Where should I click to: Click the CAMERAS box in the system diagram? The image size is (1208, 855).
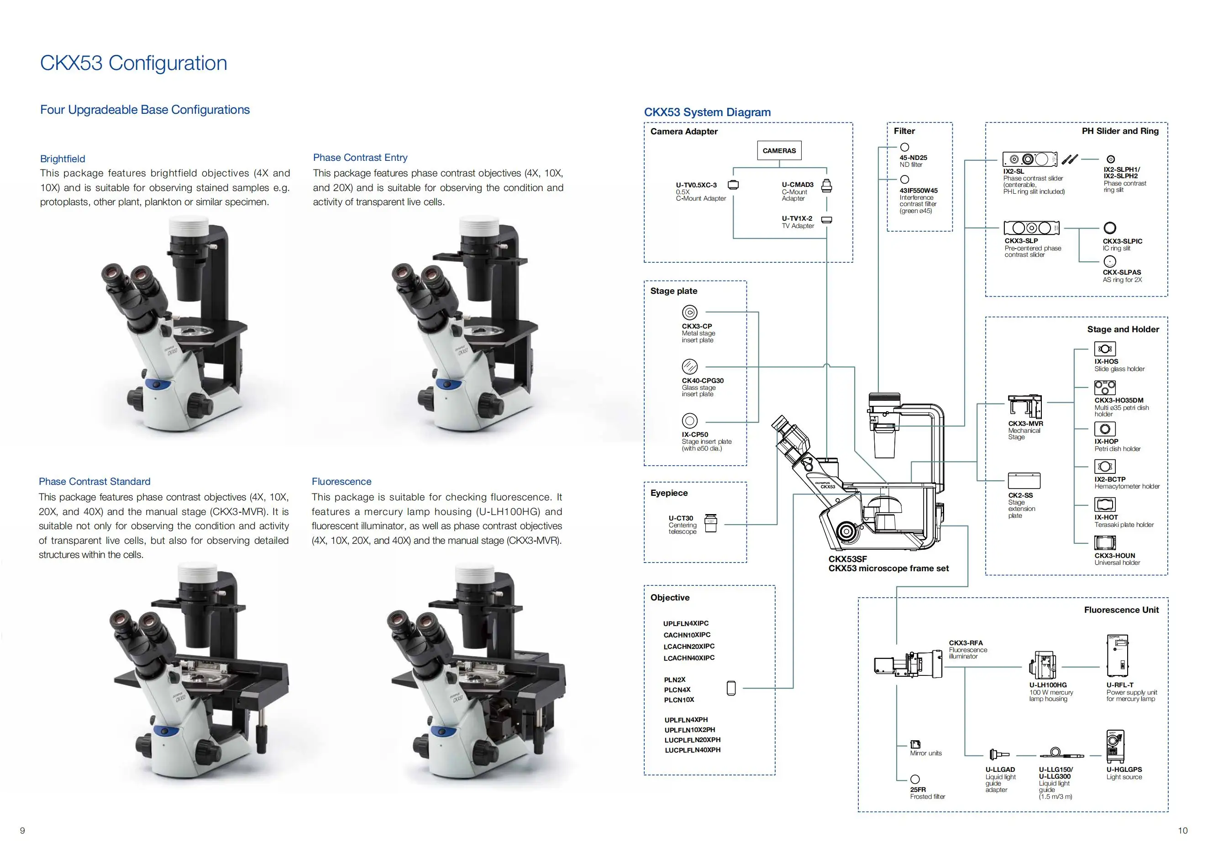pos(779,150)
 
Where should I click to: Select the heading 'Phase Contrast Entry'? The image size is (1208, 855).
pos(360,157)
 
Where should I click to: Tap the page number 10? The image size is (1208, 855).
pos(1182,830)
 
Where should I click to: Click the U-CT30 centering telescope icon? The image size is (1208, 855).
pos(711,523)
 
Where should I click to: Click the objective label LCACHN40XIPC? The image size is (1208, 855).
pos(689,658)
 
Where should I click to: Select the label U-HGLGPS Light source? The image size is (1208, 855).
pos(1124,773)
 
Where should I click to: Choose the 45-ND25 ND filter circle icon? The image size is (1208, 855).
pos(904,148)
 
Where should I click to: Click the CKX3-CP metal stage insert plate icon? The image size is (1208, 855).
pos(689,313)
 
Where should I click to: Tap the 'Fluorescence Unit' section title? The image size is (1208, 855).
pos(1121,610)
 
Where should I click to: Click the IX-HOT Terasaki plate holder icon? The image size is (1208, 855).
pos(1104,505)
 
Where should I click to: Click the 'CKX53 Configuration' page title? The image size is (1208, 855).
pos(134,63)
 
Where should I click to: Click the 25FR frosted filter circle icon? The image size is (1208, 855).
pos(915,779)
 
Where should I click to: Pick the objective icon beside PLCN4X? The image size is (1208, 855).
pos(731,688)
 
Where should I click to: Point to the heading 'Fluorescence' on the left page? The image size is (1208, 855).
pos(341,481)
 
